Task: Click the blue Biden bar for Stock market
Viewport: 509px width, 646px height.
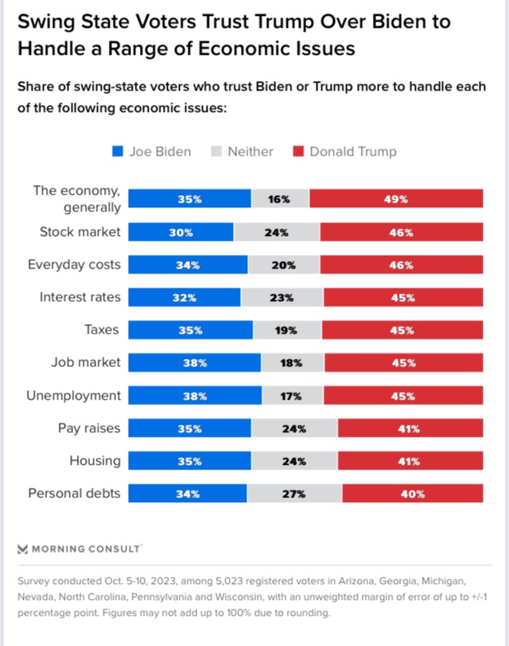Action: click(181, 232)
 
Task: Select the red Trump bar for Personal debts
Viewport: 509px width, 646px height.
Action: click(413, 493)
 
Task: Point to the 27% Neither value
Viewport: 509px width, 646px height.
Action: click(294, 493)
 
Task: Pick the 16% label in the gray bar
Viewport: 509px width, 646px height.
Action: click(279, 199)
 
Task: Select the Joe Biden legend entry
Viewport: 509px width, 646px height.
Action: click(151, 152)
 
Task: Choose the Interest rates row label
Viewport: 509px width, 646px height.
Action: click(80, 297)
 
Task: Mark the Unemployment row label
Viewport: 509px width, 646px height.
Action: click(73, 395)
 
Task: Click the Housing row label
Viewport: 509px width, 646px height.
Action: click(95, 461)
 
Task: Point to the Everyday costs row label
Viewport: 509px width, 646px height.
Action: click(74, 265)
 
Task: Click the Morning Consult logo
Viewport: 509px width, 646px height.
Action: click(80, 548)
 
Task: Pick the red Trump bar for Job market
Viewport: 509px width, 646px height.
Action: click(403, 362)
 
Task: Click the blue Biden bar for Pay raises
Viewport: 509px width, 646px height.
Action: click(189, 428)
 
